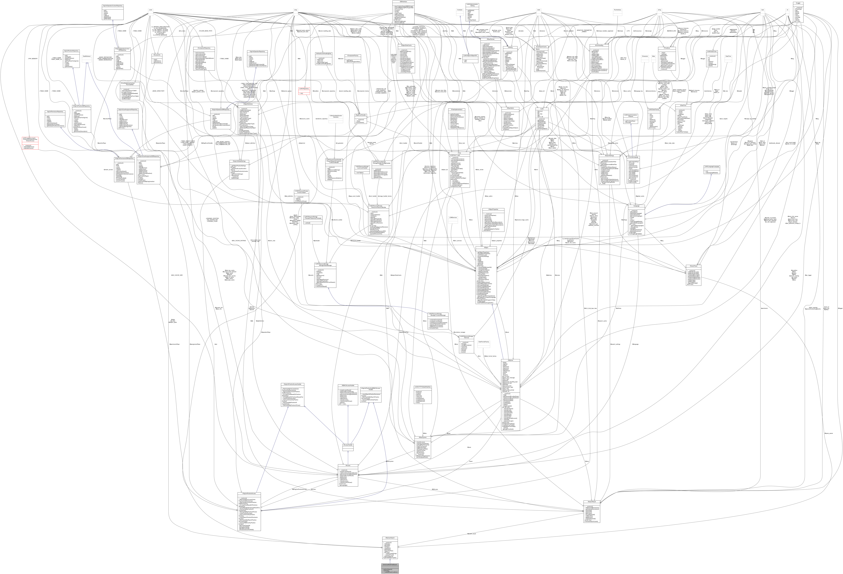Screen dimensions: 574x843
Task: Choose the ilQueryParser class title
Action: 693,266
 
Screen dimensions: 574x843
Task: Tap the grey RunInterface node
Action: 617,9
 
